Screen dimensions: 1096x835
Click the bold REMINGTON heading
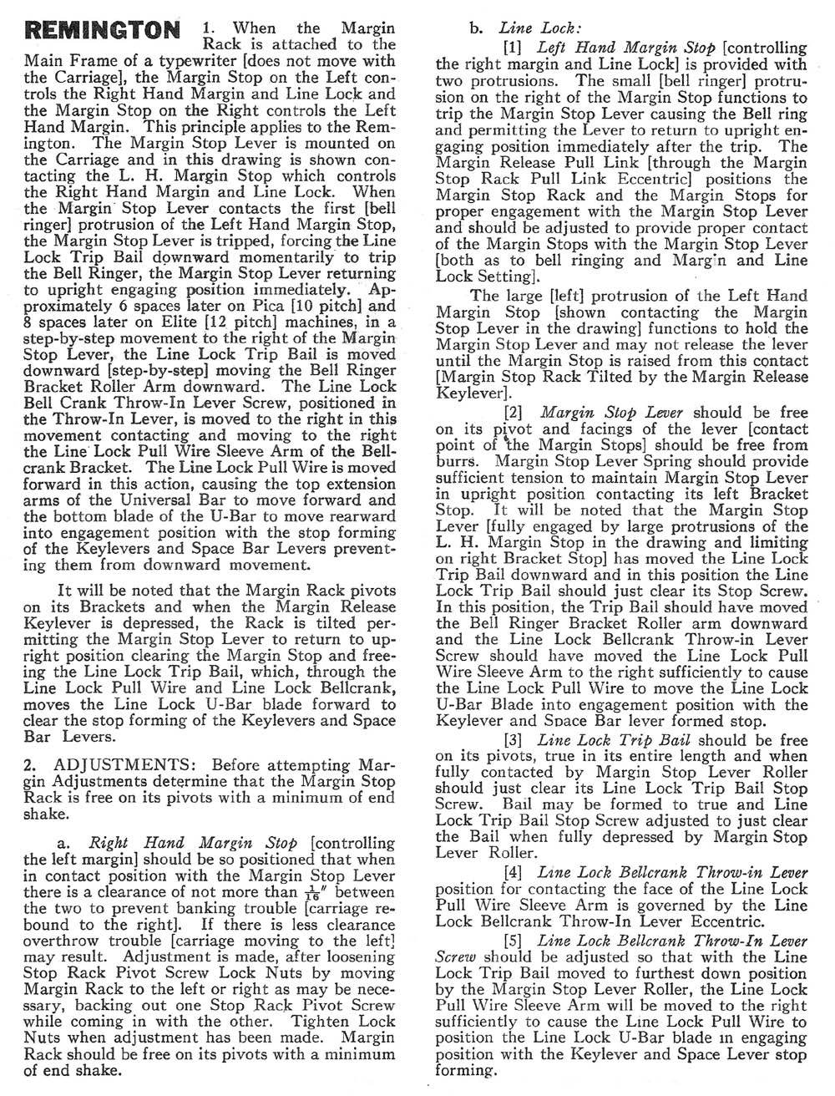pyautogui.click(x=104, y=31)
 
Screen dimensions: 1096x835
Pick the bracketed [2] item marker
pyautogui.click(x=513, y=412)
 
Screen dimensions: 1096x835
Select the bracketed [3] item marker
pyautogui.click(x=513, y=739)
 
